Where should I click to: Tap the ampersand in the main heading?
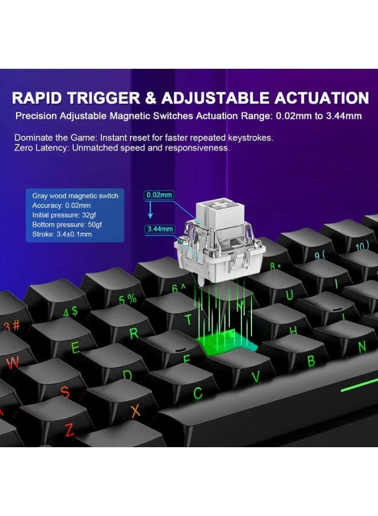151,98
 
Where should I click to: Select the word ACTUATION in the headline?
321,98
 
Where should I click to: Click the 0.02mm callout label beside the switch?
159,195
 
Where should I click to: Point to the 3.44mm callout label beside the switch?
160,229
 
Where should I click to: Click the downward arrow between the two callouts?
150,210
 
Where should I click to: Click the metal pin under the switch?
201,279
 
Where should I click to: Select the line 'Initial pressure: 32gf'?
64,215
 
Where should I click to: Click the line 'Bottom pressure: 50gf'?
67,225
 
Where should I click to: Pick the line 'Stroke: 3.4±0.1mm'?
62,234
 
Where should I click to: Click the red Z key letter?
69,430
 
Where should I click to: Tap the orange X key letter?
135,411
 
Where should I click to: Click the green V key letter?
256,377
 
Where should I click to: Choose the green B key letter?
311,361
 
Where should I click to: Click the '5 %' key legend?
128,299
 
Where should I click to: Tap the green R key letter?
134,333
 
